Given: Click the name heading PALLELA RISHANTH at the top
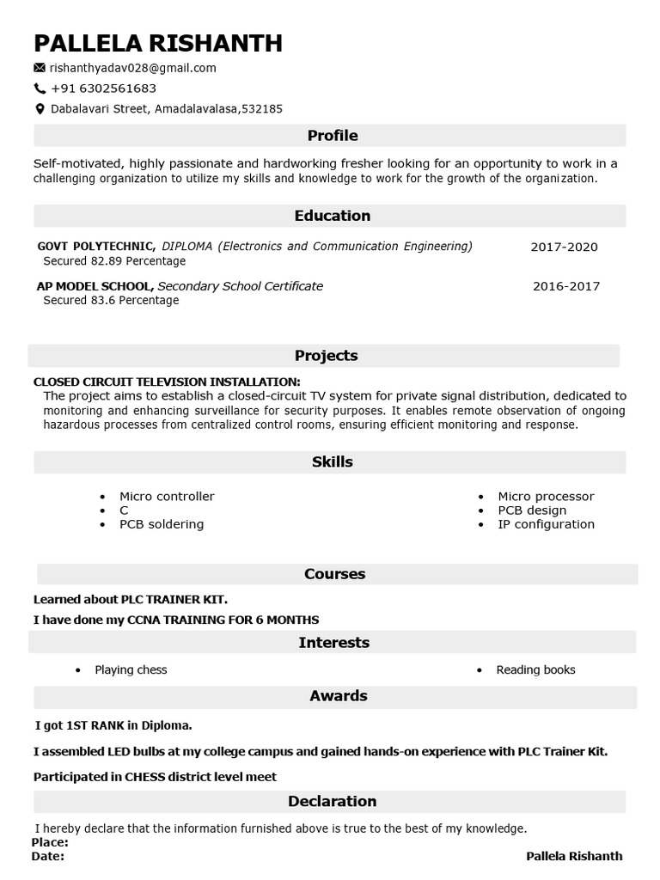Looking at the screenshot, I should click(157, 43).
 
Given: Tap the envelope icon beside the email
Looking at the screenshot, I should click(40, 68).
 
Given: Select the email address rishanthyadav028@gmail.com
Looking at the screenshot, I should click(132, 68).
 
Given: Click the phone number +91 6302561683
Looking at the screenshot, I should click(103, 89).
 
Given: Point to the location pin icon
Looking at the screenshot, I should click(40, 109).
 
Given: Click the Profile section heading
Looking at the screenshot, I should click(332, 136).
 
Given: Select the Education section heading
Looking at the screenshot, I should click(332, 216).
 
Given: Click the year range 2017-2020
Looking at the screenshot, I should click(564, 247).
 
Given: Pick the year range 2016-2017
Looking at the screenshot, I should click(565, 286).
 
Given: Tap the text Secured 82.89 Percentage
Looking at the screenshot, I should click(114, 261).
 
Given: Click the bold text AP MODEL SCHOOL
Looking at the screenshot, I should click(95, 286).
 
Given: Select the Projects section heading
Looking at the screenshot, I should click(326, 356).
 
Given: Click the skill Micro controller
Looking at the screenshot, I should click(167, 497).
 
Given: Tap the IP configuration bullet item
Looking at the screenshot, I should click(546, 524).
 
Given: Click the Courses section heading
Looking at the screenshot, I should click(334, 574).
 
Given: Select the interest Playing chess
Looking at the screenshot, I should click(131, 669).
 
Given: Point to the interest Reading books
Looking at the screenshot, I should click(535, 669).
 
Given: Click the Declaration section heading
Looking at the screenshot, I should click(332, 801).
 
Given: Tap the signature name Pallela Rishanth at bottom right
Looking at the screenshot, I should click(573, 856).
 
